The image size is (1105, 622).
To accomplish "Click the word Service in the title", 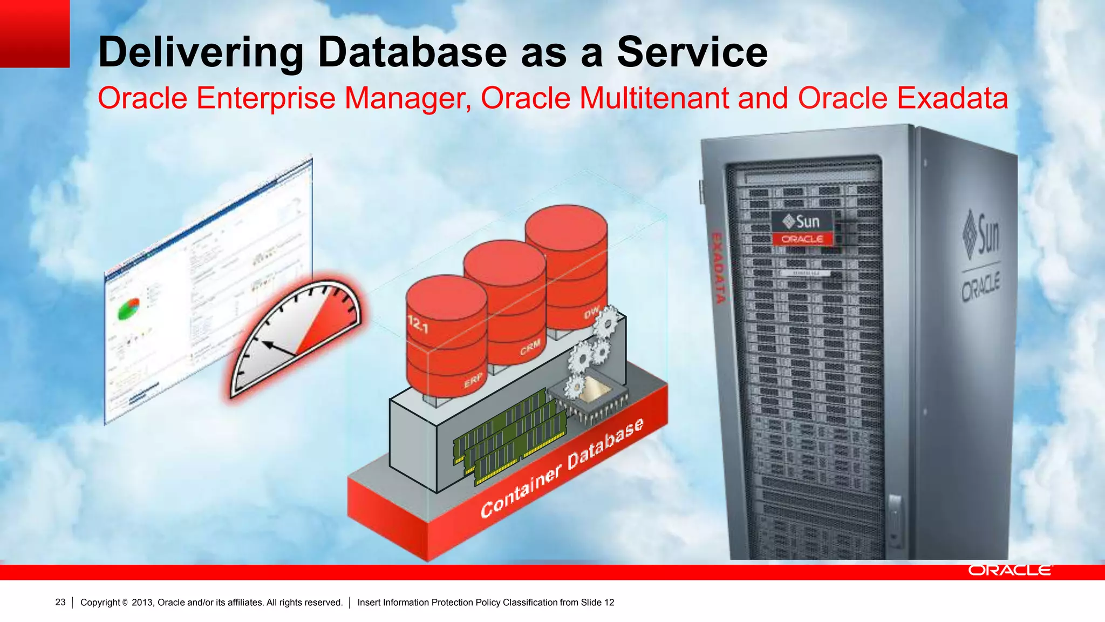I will tap(692, 52).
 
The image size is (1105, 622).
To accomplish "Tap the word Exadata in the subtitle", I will tap(952, 98).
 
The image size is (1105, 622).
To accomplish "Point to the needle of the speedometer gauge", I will tap(278, 348).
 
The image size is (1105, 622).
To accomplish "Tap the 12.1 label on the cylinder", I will tap(418, 324).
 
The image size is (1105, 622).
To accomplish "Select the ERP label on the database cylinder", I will tap(473, 381).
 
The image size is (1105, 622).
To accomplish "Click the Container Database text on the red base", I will tap(561, 468).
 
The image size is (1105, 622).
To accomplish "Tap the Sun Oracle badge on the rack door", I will tap(802, 229).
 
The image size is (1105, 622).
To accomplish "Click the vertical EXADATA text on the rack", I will tap(718, 267).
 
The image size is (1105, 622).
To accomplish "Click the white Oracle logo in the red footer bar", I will tap(1009, 570).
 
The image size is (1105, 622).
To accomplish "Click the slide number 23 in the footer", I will tap(60, 602).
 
